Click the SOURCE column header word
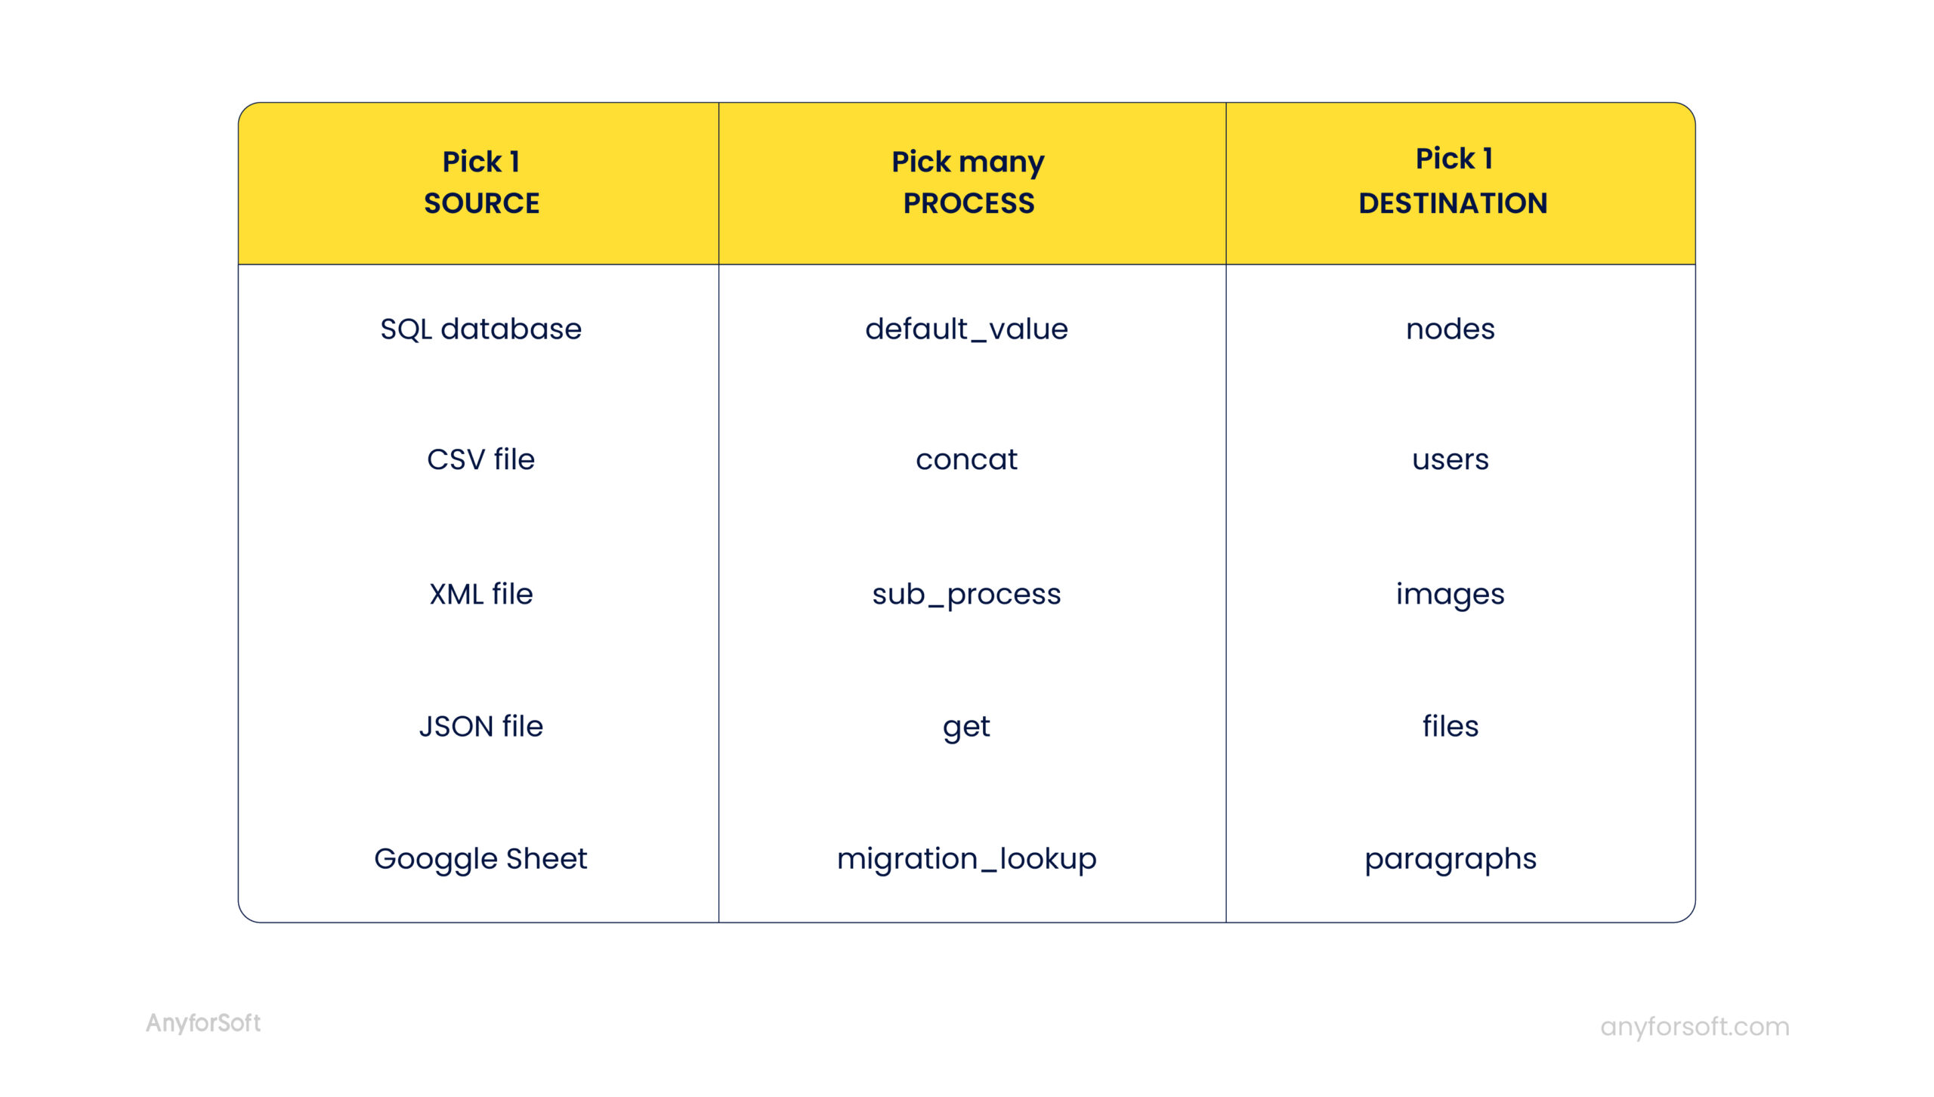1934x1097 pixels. tap(481, 203)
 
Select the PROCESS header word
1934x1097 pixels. tap(968, 203)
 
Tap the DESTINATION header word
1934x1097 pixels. tap(1452, 203)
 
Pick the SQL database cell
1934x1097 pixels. tap(480, 329)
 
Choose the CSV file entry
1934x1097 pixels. tap(480, 459)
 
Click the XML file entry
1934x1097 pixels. tap(480, 594)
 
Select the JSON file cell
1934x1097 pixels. tap(480, 726)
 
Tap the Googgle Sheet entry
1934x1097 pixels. tap(480, 858)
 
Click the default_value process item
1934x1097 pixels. tap(966, 329)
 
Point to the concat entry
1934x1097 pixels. tap(966, 459)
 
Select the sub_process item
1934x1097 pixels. tap(966, 594)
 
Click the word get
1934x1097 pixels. tap(966, 727)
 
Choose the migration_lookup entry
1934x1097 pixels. tap(966, 858)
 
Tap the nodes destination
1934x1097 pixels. tap(1450, 329)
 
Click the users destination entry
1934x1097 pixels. tap(1450, 459)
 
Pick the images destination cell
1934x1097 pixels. tap(1450, 594)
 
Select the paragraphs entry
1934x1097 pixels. tap(1450, 858)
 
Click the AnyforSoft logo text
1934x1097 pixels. tap(203, 1023)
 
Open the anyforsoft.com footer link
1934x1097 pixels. tap(1695, 1026)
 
